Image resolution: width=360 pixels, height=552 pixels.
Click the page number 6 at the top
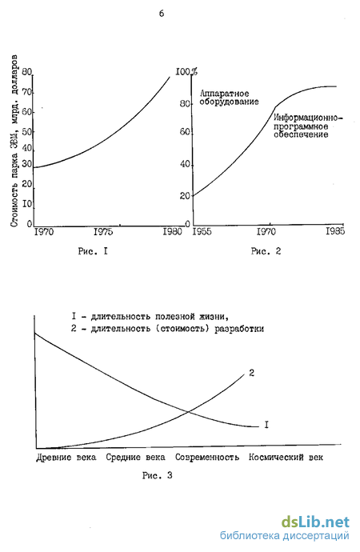(162, 14)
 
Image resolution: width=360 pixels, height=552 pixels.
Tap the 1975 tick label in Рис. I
(103, 232)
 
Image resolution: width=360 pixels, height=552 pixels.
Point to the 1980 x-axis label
(172, 232)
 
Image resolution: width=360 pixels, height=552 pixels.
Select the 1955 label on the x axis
(202, 232)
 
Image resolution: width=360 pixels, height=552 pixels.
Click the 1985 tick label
(335, 231)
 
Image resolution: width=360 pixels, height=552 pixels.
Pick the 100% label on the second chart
(186, 72)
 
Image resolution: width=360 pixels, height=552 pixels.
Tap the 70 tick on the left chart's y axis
(27, 93)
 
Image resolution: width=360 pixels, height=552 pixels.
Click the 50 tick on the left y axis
(27, 132)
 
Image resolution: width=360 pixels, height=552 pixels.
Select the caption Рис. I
(93, 251)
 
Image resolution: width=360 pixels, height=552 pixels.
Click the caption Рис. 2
(266, 251)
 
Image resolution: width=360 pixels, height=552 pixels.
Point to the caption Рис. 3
(157, 476)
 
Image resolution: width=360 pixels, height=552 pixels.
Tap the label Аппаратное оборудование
(229, 98)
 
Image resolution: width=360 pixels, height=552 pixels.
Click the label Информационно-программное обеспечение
(308, 126)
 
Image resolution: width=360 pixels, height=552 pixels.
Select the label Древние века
(66, 458)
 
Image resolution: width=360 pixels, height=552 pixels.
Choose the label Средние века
(135, 458)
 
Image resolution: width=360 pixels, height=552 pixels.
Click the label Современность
(207, 458)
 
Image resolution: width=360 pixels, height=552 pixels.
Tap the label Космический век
(286, 458)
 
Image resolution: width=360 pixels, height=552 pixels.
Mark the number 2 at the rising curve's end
(252, 373)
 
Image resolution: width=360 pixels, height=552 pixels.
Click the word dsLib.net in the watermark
(315, 522)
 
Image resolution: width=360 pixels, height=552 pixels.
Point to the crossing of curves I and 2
(189, 411)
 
